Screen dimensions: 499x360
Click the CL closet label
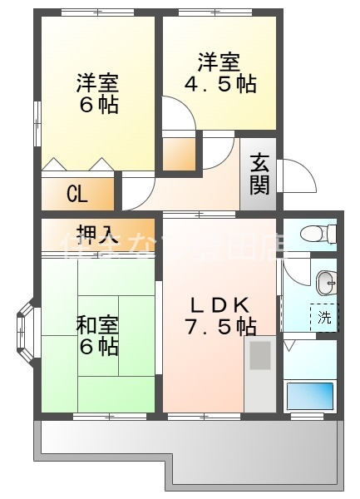pyautogui.click(x=77, y=195)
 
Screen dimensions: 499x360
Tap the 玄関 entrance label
pyautogui.click(x=259, y=175)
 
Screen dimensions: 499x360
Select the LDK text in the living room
pyautogui.click(x=219, y=304)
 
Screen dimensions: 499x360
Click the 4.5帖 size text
pyautogui.click(x=219, y=84)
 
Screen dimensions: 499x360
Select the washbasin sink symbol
pyautogui.click(x=326, y=284)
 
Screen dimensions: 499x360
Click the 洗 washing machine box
pyautogui.click(x=325, y=317)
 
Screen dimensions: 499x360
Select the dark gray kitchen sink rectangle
pyautogui.click(x=259, y=357)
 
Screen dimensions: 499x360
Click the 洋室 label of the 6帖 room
pyautogui.click(x=97, y=83)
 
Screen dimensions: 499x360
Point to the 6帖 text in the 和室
pyautogui.click(x=98, y=347)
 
